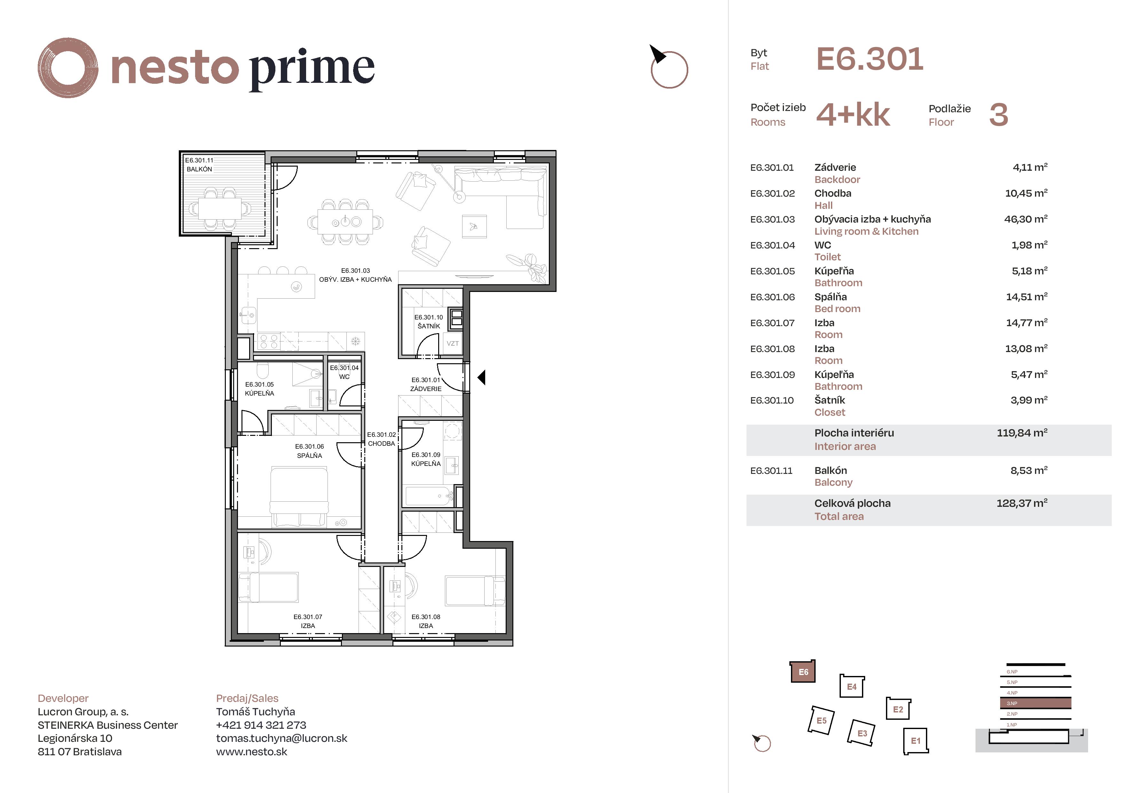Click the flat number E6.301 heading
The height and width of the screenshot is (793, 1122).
point(870,59)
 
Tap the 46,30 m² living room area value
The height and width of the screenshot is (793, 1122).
point(1026,219)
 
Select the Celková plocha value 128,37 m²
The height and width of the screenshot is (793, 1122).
point(1022,503)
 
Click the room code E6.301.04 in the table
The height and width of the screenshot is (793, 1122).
point(773,245)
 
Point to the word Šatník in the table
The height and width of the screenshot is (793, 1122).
point(830,400)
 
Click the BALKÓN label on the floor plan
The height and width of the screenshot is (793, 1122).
point(199,169)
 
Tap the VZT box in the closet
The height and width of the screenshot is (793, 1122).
point(453,343)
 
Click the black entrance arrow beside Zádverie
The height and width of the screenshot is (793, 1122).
point(481,377)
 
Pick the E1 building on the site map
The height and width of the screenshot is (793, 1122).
point(915,741)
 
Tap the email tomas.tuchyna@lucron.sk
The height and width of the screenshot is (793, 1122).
point(281,738)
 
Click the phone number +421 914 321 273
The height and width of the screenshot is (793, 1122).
point(261,725)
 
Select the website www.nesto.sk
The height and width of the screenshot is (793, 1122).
point(252,751)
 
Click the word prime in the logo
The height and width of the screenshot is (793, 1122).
point(312,68)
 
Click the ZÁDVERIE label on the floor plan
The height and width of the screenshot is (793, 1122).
point(426,389)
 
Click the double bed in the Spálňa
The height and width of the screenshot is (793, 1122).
point(299,496)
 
